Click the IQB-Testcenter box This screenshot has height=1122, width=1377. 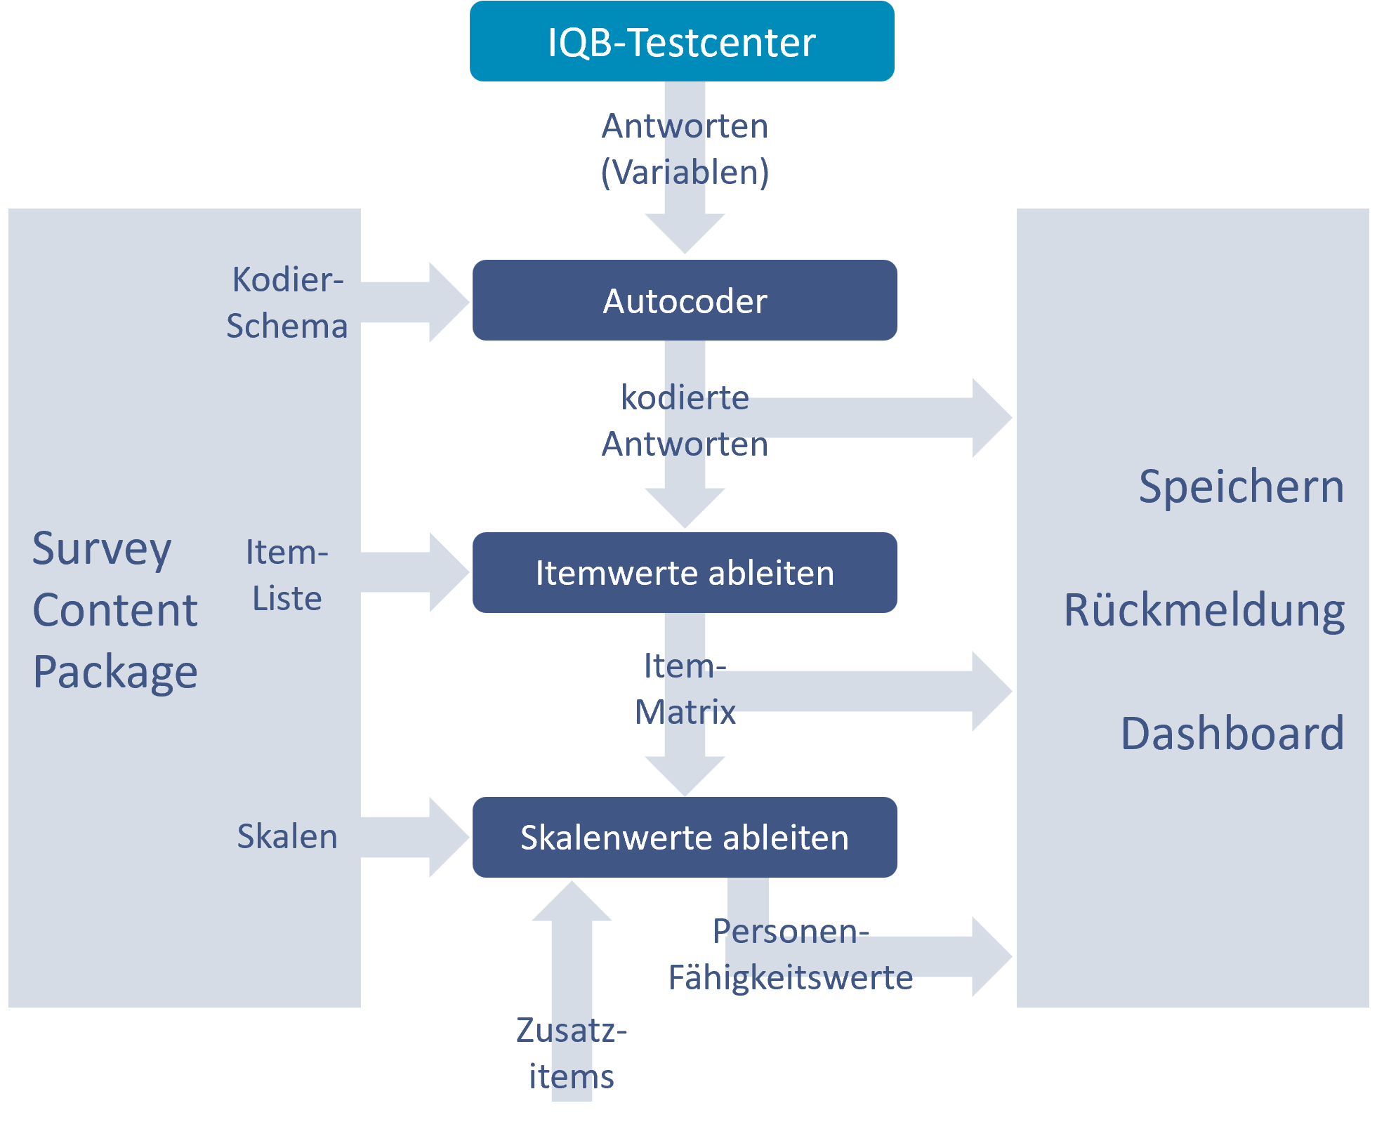pos(681,41)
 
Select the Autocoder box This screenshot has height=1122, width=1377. pos(685,301)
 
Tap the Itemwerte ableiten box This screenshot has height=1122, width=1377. pos(685,572)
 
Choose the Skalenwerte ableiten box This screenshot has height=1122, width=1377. pos(685,837)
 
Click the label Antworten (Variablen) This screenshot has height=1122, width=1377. pos(685,149)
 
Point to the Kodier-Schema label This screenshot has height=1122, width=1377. pos(287,303)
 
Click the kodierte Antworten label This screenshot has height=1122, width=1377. pos(685,421)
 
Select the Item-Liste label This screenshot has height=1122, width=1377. pos(287,575)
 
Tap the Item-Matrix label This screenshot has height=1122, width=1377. pos(685,689)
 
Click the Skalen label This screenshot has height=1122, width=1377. pos(287,836)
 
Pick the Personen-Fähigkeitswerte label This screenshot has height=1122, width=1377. pos(791,954)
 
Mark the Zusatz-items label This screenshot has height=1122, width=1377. pos(572,1053)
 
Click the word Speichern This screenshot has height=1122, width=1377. pos(1241,486)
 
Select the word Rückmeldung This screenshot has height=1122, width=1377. pos(1204,609)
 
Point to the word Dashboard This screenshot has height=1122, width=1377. pos(1232,733)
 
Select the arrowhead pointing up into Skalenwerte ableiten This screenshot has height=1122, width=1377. pos(572,902)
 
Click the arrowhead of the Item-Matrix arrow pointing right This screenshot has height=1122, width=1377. pos(991,691)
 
